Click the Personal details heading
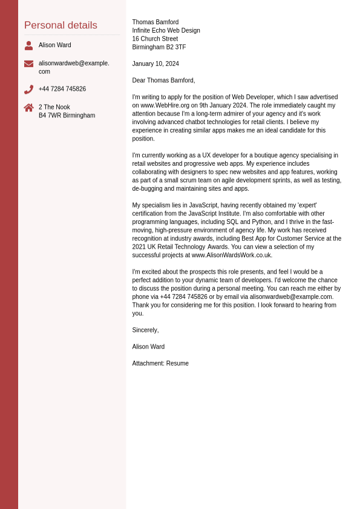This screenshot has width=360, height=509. [61, 25]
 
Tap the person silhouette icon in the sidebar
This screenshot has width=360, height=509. [28, 45]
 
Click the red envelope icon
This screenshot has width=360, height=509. [28, 64]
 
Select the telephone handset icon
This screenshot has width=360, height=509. [28, 90]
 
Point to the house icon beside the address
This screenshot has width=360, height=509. [28, 108]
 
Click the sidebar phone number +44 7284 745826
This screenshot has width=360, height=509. [62, 89]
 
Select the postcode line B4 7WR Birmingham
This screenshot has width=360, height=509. [67, 116]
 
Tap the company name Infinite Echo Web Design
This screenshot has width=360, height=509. [166, 31]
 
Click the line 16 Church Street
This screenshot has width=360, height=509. [155, 39]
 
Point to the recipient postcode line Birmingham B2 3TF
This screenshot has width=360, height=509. [159, 47]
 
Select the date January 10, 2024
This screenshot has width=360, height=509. [155, 64]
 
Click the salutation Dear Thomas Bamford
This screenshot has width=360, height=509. [163, 80]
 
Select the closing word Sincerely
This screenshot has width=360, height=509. [145, 330]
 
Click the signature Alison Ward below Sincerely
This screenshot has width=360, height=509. [148, 347]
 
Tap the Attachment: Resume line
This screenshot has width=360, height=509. [160, 364]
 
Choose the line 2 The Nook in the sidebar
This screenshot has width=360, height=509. [54, 107]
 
